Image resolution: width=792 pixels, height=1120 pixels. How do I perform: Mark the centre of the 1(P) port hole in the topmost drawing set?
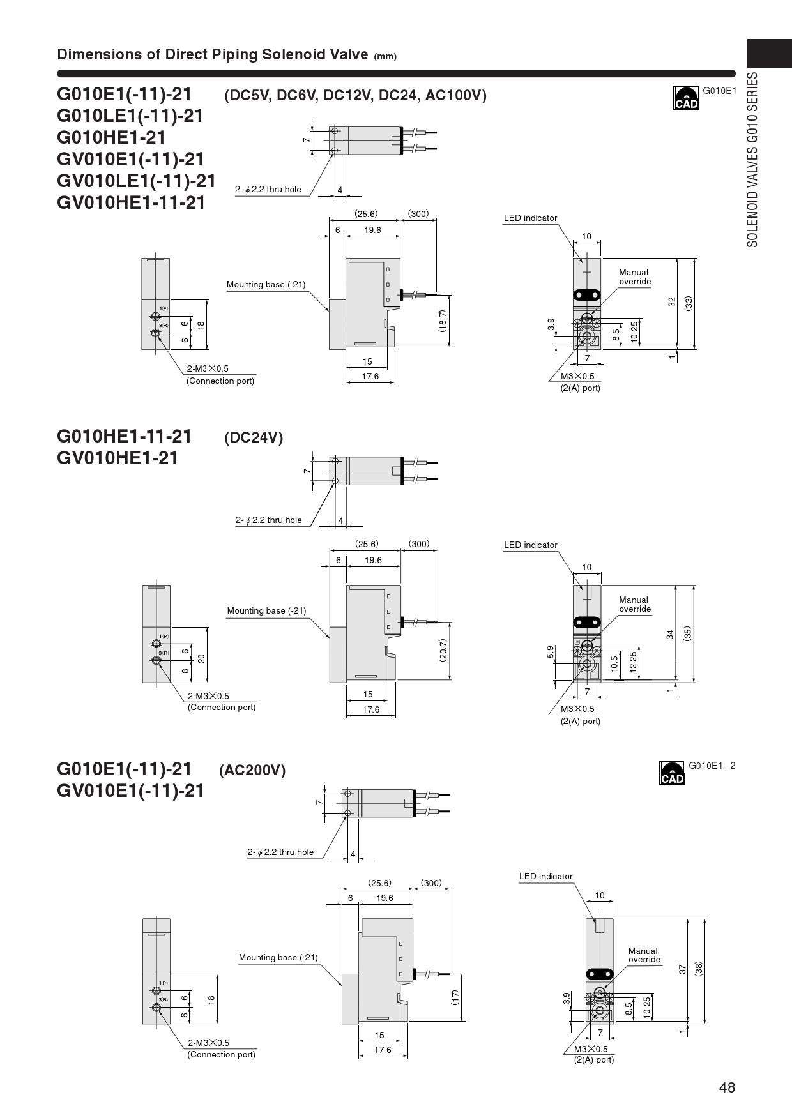pyautogui.click(x=155, y=315)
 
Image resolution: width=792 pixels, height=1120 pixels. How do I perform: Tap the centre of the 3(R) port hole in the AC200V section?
pyautogui.click(x=156, y=1007)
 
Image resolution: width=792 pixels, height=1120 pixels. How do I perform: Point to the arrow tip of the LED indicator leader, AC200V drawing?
pyautogui.click(x=597, y=923)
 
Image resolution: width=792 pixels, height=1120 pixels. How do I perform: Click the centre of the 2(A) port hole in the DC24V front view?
pyautogui.click(x=587, y=664)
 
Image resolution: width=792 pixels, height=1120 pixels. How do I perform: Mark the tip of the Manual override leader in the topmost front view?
pyautogui.click(x=588, y=315)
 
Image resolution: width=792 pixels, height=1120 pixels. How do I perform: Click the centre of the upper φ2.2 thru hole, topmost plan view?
pyautogui.click(x=335, y=131)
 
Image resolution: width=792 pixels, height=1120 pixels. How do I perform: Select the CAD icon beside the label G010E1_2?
pyautogui.click(x=672, y=773)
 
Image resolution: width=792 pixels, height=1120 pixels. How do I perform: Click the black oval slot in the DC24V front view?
pyautogui.click(x=587, y=622)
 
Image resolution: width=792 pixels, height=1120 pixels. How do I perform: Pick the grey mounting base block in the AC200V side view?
pyautogui.click(x=351, y=999)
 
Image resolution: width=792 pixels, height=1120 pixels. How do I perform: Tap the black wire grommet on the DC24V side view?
pyautogui.click(x=402, y=621)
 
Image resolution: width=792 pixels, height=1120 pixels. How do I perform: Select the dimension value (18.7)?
pyautogui.click(x=443, y=321)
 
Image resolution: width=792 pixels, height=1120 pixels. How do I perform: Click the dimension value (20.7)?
pyautogui.click(x=443, y=650)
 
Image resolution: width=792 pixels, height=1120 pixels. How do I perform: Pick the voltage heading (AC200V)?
pyautogui.click(x=252, y=770)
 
